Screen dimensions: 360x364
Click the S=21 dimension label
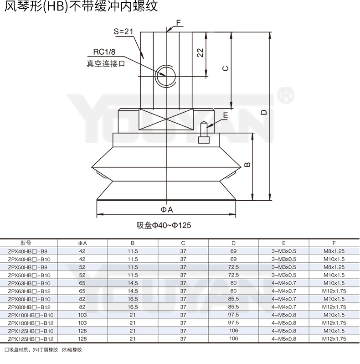123,31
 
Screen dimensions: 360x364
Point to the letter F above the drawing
178,22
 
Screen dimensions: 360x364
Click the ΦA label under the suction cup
167,209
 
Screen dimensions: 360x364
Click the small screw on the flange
204,133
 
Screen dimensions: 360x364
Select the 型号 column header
26,243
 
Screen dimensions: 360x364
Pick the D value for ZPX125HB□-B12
233,339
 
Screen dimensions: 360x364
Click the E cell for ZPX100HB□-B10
283,315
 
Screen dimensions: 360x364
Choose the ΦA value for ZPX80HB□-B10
82,299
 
